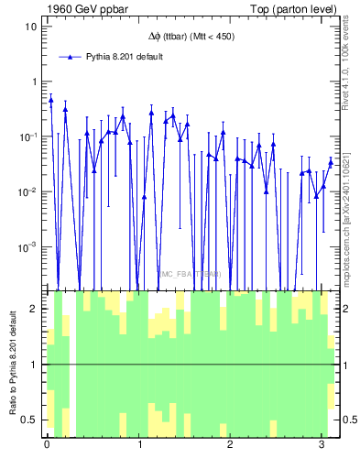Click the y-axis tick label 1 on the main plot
coord(35,82)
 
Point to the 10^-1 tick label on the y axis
coord(30,136)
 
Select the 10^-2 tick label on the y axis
coord(30,191)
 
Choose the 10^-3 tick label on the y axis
coord(30,246)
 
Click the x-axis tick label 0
coord(47,446)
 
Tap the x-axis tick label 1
coord(138,446)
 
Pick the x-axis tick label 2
coord(230,446)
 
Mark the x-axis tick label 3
coord(321,446)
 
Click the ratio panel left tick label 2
coord(36,309)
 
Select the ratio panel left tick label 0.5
coord(32,420)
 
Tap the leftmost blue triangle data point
coord(50,100)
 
